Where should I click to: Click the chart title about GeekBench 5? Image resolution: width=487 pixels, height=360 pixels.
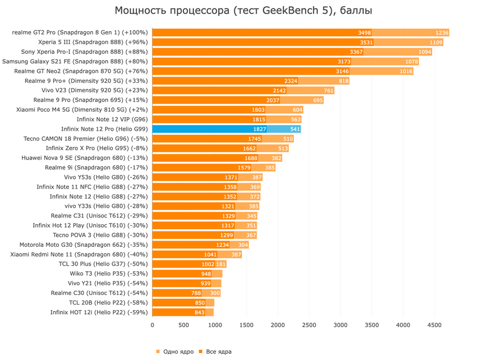pyautogui.click(x=244, y=11)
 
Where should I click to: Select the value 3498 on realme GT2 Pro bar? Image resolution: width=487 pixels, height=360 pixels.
pyautogui.click(x=364, y=33)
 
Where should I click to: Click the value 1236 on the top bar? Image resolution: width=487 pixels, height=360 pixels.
pyautogui.click(x=442, y=33)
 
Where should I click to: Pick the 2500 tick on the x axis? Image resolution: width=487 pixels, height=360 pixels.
pyautogui.click(x=309, y=325)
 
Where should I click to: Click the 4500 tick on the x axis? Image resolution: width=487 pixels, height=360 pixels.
pyautogui.click(x=434, y=325)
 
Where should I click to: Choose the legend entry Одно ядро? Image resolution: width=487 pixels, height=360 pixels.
pyautogui.click(x=176, y=352)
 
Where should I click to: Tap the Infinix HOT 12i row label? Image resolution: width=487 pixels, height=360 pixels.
pyautogui.click(x=99, y=312)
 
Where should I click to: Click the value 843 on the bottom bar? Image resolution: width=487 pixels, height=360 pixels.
pyautogui.click(x=199, y=312)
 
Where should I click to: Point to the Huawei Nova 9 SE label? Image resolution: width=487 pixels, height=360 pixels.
pyautogui.click(x=84, y=158)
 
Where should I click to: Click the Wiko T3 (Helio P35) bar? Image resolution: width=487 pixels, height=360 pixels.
pyautogui.click(x=187, y=273)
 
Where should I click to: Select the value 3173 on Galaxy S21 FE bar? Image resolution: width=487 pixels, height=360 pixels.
pyautogui.click(x=344, y=62)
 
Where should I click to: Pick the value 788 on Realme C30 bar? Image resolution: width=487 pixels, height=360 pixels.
pyautogui.click(x=196, y=293)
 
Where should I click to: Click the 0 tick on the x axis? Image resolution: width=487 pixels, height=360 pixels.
pyautogui.click(x=152, y=325)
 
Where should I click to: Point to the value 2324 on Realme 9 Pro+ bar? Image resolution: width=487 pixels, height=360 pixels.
pyautogui.click(x=291, y=81)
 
